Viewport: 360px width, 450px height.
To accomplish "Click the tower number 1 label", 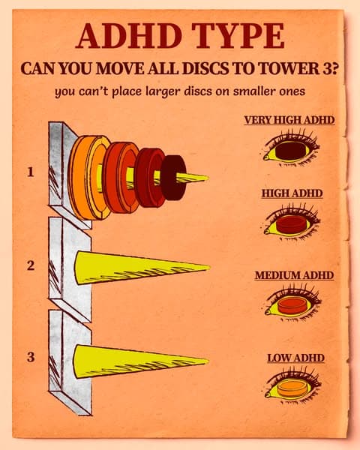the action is (x=30, y=172).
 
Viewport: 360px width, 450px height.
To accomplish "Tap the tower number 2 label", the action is (x=31, y=265).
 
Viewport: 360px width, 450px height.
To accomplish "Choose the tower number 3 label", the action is (x=31, y=357).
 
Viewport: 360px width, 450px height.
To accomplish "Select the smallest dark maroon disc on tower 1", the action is (x=172, y=178).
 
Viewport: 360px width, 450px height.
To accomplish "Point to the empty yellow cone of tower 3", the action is (x=138, y=361).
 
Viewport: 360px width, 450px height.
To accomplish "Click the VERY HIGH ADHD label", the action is (x=289, y=120).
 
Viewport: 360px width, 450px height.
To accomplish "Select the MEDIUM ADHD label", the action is (x=294, y=275).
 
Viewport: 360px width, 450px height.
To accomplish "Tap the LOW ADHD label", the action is (x=295, y=358).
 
